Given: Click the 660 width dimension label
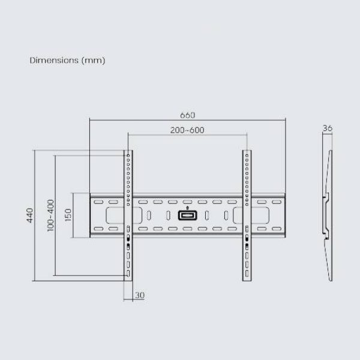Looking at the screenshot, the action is click(187, 115).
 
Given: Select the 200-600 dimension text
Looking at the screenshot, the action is click(187, 130).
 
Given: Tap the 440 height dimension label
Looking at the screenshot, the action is click(30, 215).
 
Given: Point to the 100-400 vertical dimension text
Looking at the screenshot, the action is click(50, 215).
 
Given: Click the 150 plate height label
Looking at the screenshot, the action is click(68, 215).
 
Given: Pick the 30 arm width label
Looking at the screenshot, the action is click(140, 295).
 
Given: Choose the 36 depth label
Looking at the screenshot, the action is click(328, 128).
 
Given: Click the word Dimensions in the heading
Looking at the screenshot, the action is click(54, 61).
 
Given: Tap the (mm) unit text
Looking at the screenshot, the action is click(93, 61).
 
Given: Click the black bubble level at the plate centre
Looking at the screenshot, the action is click(187, 215).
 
